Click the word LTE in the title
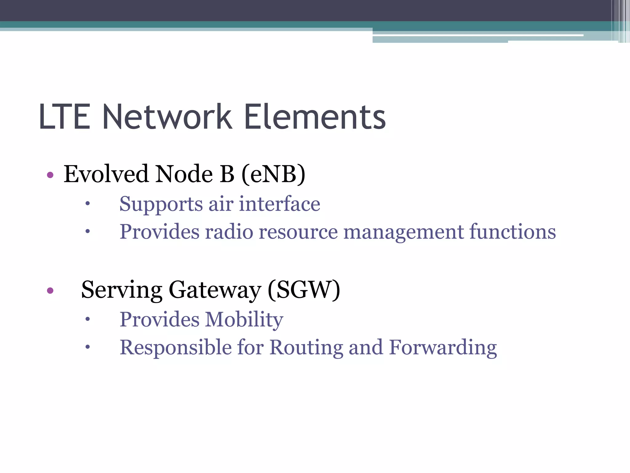(x=65, y=117)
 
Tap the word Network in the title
(x=167, y=117)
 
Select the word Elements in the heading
(x=315, y=117)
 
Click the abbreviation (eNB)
(x=273, y=174)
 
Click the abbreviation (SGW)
(x=304, y=290)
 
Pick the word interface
(x=280, y=204)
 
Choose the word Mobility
(x=244, y=320)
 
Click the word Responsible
(x=176, y=347)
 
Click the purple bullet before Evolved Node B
(x=50, y=176)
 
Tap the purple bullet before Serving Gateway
(x=50, y=290)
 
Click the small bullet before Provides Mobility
(x=88, y=319)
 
